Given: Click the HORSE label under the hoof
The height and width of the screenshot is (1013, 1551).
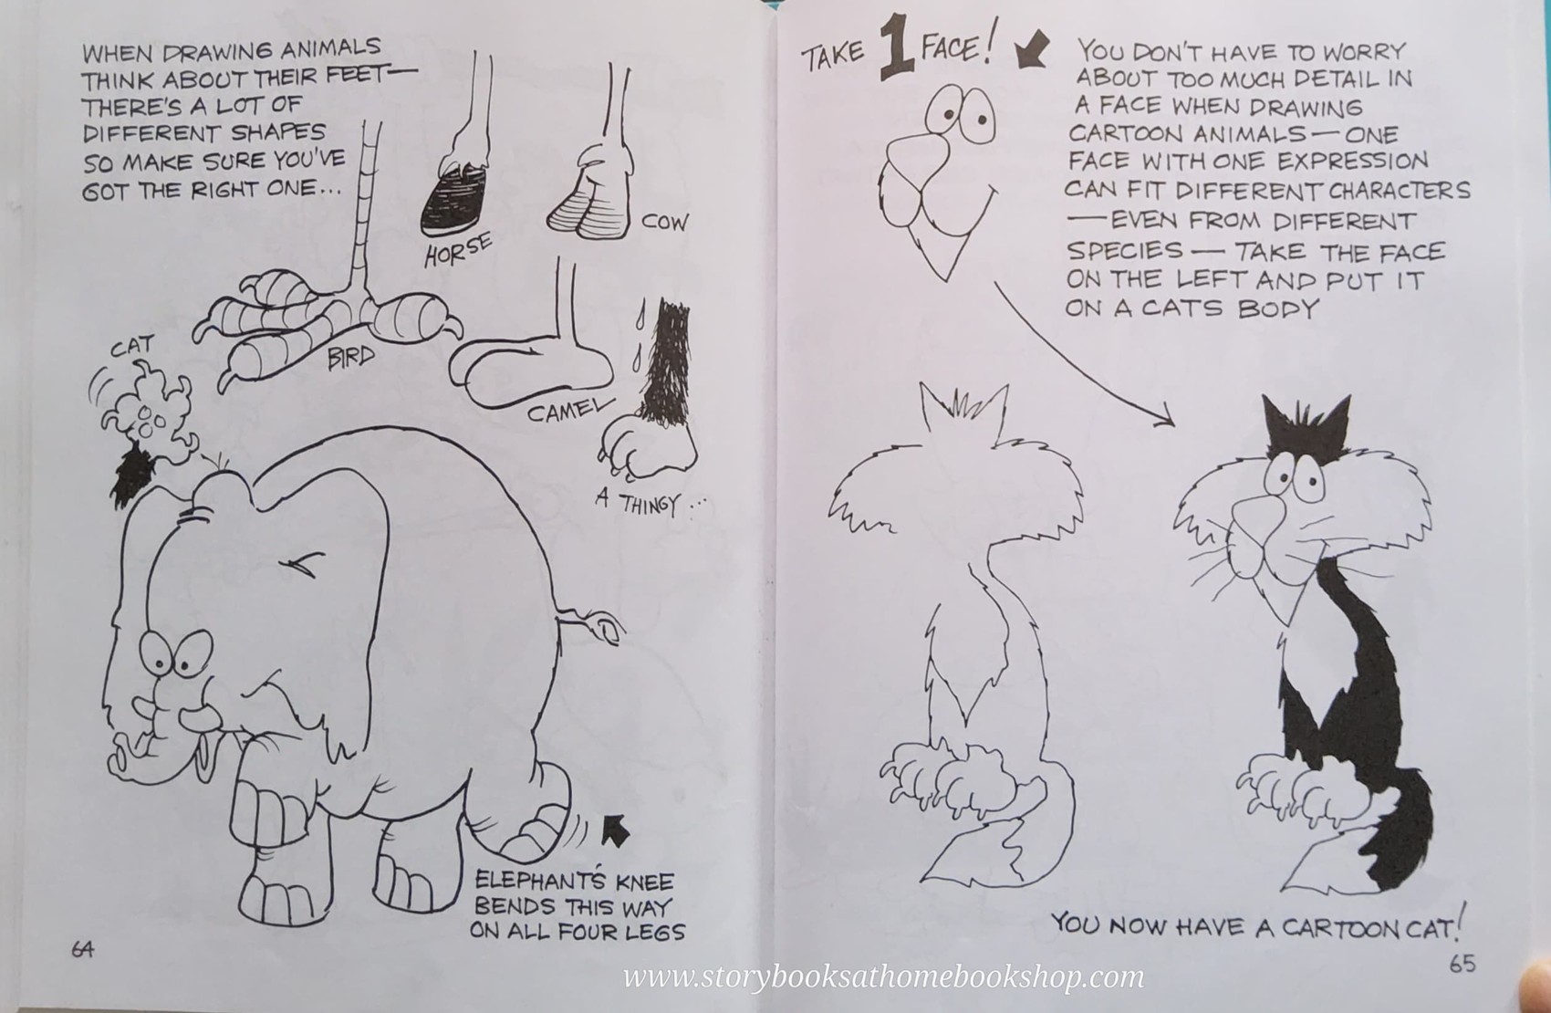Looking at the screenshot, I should point(458,249).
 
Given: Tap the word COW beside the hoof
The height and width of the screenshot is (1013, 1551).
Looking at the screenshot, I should point(664,222).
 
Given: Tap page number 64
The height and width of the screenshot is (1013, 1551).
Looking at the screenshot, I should point(82,948).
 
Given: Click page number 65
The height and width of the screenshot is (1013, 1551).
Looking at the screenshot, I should point(1462,964).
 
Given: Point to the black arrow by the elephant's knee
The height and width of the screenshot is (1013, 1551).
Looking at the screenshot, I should point(618,830).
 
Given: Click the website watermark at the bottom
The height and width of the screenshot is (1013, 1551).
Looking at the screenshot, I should point(882,976).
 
